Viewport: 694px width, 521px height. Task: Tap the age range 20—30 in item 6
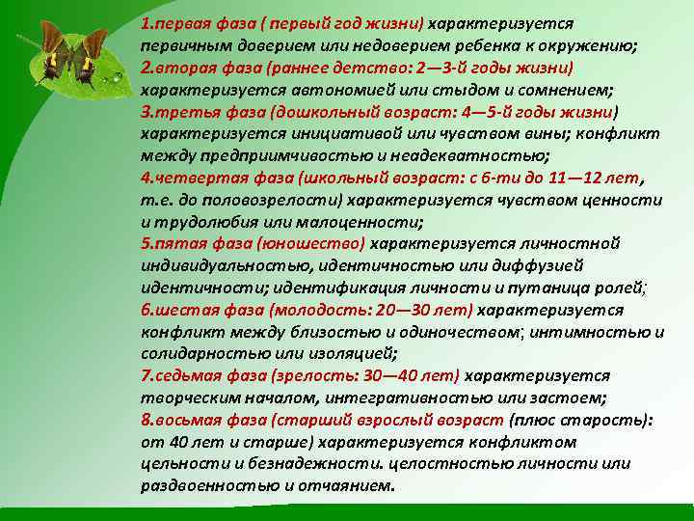[x=413, y=310]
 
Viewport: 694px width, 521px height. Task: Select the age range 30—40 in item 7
[x=399, y=375]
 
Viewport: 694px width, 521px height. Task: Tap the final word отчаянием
[x=345, y=485]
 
